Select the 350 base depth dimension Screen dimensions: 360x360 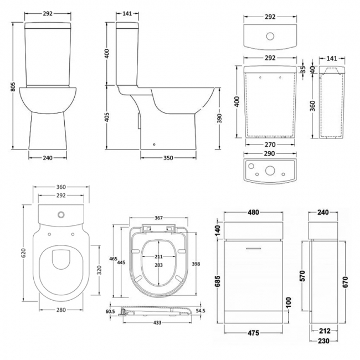tap(168, 158)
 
